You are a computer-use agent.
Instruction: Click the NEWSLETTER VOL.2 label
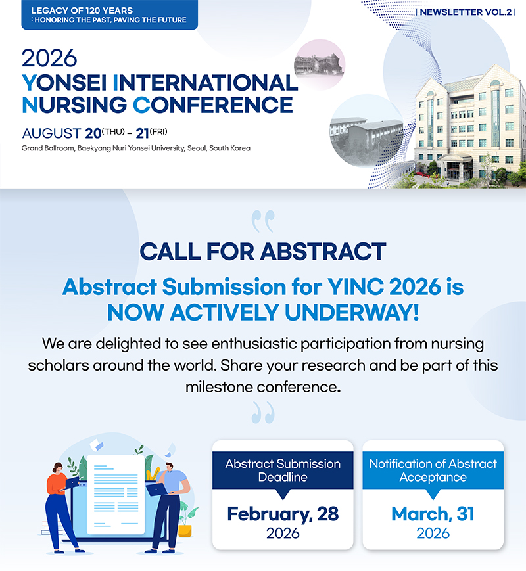tap(466, 12)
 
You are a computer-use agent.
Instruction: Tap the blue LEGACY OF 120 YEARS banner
tap(110, 15)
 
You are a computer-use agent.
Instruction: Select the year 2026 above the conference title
tap(49, 58)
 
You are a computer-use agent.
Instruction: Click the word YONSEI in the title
tap(64, 83)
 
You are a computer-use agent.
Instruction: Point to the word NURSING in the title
tap(74, 105)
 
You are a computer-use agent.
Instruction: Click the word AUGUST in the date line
tap(51, 133)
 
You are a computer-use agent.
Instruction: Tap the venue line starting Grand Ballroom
tap(136, 148)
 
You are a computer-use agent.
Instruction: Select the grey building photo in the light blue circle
tap(366, 135)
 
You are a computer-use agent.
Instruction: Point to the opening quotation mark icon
tap(263, 221)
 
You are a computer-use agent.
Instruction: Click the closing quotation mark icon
tap(263, 413)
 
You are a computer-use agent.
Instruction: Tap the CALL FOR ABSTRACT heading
tap(263, 251)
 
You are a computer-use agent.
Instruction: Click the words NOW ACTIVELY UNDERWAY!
tap(263, 313)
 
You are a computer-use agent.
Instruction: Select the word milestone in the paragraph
tap(222, 387)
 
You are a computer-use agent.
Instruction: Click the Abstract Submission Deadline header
tap(283, 470)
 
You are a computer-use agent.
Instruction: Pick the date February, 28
tap(283, 514)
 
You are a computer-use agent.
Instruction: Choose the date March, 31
tap(433, 514)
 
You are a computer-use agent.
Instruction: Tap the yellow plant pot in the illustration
tap(185, 531)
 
